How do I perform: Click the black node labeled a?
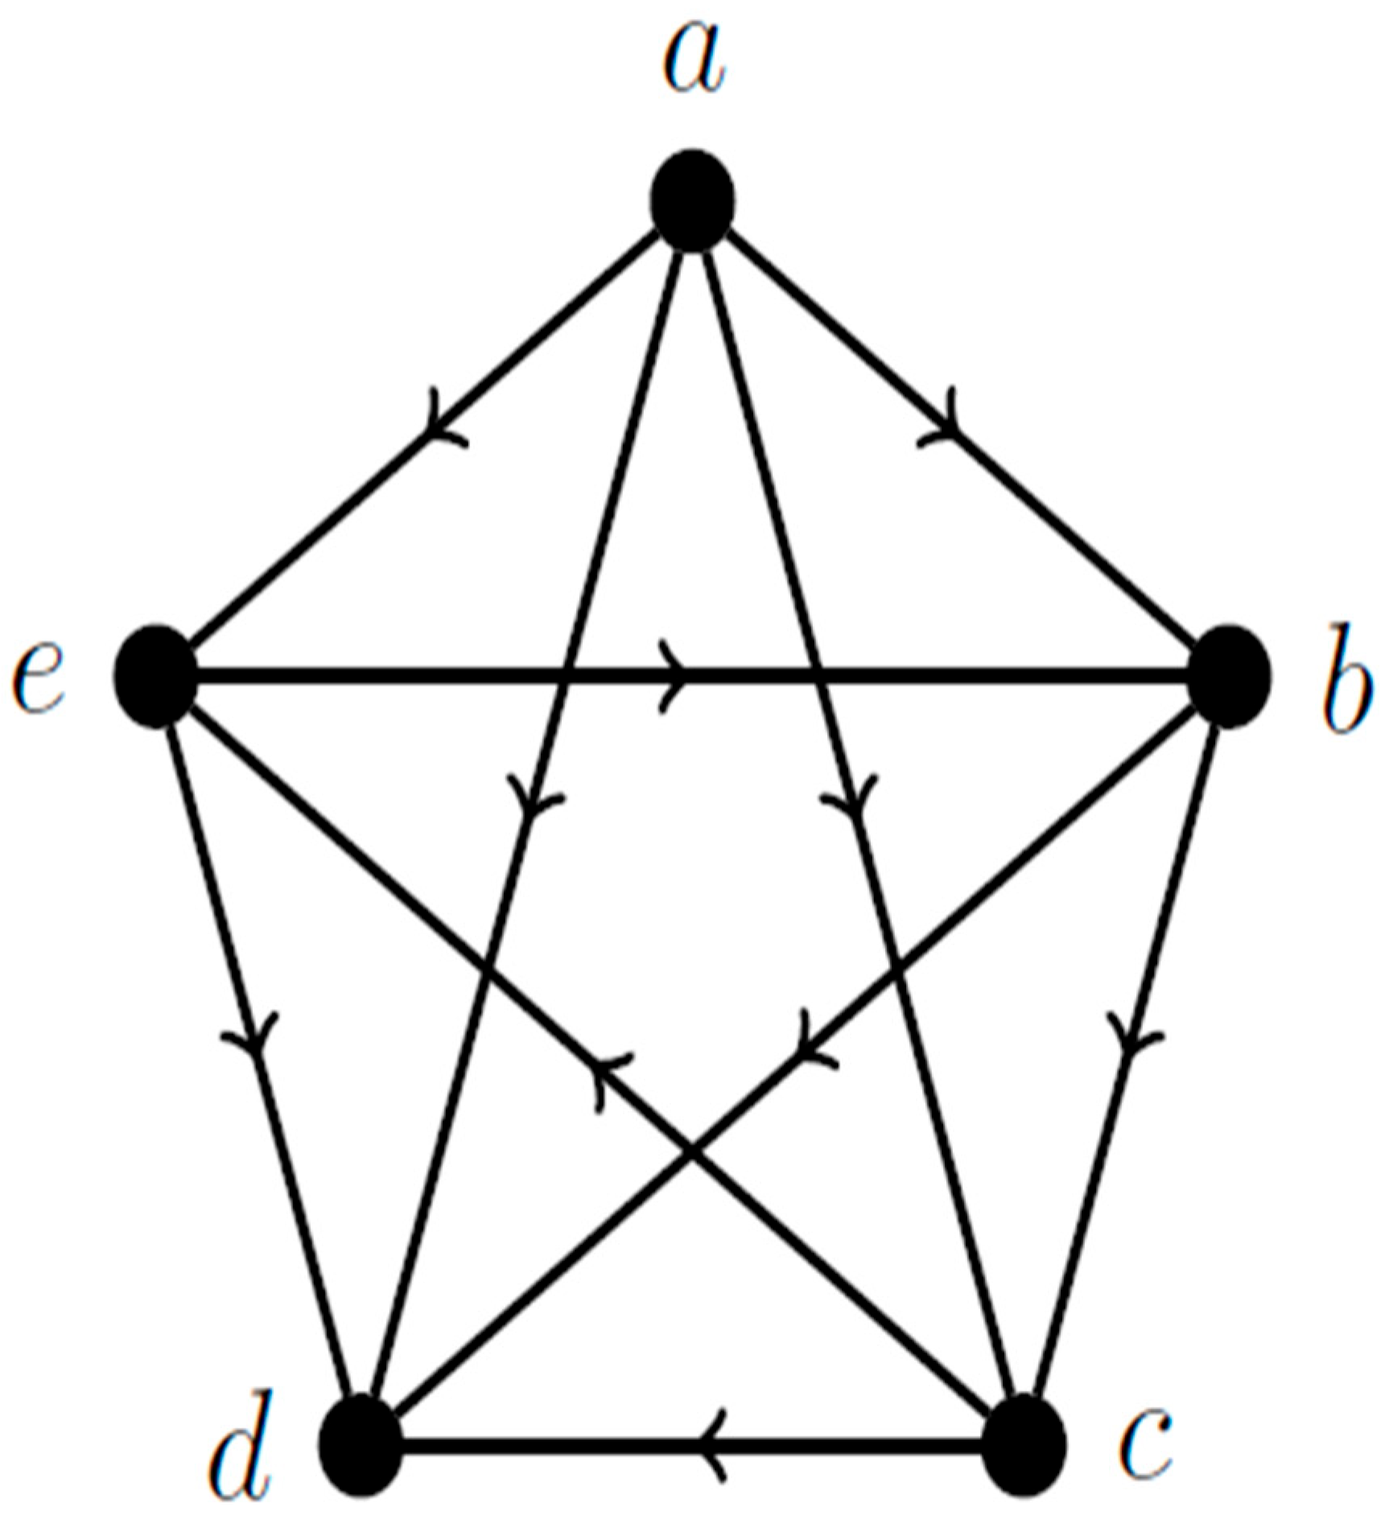[692, 200]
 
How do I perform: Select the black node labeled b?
[1230, 677]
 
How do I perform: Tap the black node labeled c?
[1025, 1445]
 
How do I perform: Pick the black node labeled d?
[360, 1445]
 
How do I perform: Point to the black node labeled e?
[156, 677]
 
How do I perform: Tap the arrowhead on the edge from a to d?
[530, 797]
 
